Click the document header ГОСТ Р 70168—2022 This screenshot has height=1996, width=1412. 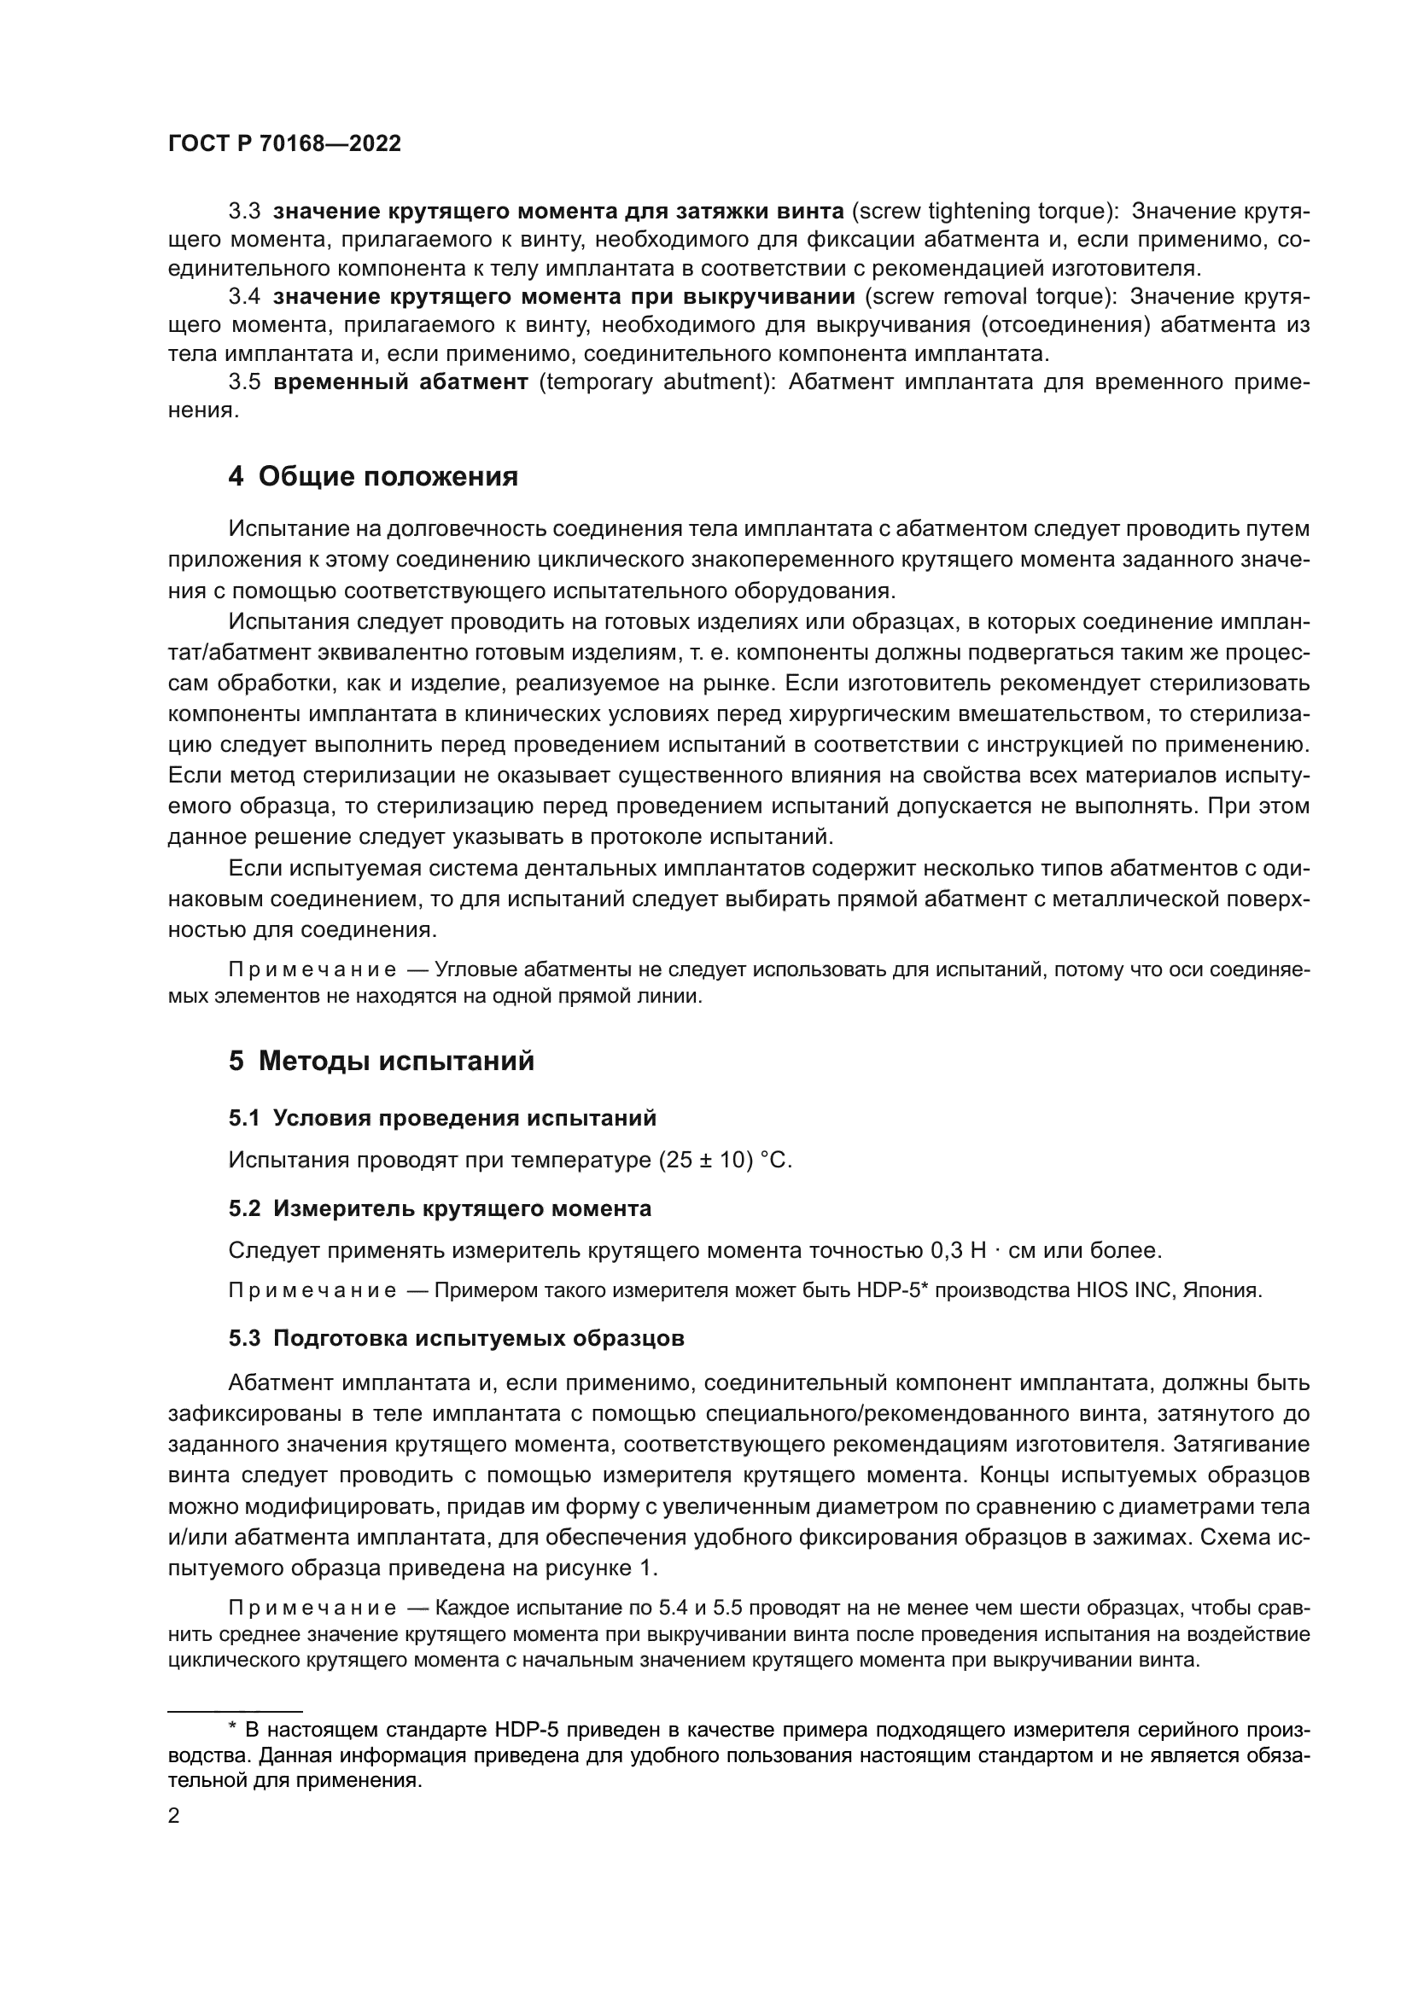pyautogui.click(x=284, y=144)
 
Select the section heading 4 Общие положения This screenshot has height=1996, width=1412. pyautogui.click(x=373, y=476)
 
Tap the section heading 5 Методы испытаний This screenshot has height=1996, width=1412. pyautogui.click(x=381, y=1062)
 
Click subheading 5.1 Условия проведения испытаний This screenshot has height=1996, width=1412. pyautogui.click(x=441, y=1118)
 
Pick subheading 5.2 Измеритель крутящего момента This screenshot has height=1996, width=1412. pyautogui.click(x=439, y=1208)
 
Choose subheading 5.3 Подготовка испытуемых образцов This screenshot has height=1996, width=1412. pyautogui.click(x=456, y=1338)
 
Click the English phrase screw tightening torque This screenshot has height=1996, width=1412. pyautogui.click(x=979, y=212)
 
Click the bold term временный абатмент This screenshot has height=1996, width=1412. pyautogui.click(x=400, y=382)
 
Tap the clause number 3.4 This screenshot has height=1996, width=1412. pyautogui.click(x=244, y=296)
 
